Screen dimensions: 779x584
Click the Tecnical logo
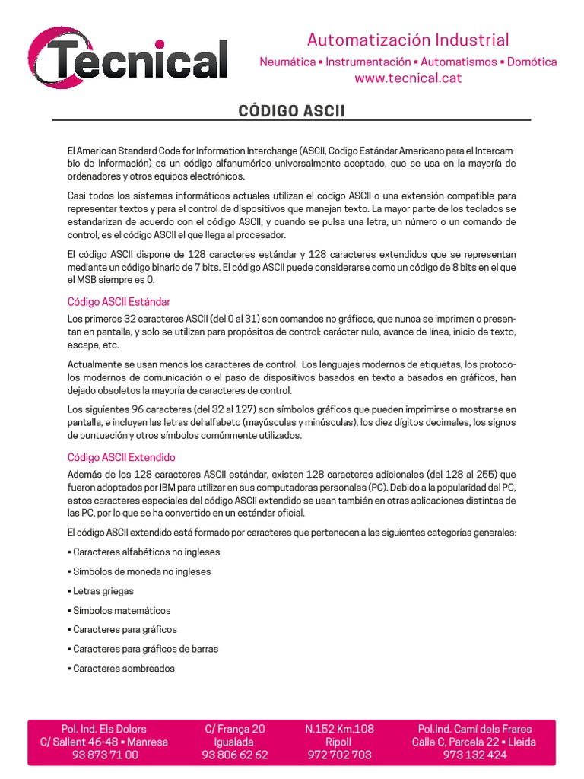tap(128, 59)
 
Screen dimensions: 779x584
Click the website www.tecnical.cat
tap(408, 78)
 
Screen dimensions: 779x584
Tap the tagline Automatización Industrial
tap(408, 40)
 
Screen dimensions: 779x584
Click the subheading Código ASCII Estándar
tap(119, 302)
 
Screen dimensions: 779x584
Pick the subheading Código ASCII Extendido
tap(122, 457)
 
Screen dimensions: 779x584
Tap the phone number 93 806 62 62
tap(235, 755)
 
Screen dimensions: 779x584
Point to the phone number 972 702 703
tap(339, 755)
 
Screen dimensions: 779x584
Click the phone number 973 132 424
tap(474, 755)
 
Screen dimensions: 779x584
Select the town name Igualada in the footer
tap(235, 742)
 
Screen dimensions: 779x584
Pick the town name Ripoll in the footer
tap(339, 742)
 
